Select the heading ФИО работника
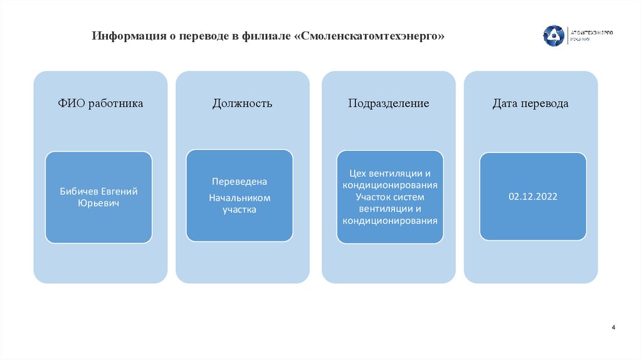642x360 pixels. (x=100, y=103)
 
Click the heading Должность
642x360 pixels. (x=242, y=103)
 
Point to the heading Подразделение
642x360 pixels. (x=389, y=103)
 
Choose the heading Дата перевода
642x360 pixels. (x=530, y=103)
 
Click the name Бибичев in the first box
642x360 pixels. (x=79, y=191)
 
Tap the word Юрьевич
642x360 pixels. (x=98, y=203)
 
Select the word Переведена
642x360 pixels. (x=239, y=181)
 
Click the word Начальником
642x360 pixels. (x=239, y=198)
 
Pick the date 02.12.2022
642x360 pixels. (x=533, y=196)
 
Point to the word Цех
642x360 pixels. (x=358, y=173)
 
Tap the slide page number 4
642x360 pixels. (x=613, y=328)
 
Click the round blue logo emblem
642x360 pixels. (x=553, y=36)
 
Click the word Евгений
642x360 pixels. (x=118, y=191)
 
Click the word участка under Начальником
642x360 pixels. (x=239, y=209)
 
